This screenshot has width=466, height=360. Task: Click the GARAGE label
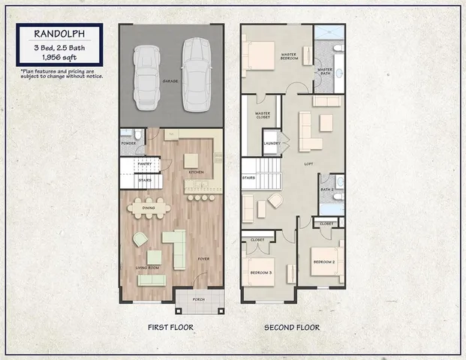pos(170,81)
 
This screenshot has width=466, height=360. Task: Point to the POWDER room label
pos(128,143)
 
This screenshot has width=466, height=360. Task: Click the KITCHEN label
pos(196,172)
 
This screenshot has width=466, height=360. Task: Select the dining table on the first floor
pos(148,208)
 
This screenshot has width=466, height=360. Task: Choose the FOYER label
pos(203,259)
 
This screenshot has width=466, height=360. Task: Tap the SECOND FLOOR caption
pos(292,328)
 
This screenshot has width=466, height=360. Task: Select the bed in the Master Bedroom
pos(258,55)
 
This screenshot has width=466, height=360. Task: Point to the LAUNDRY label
pos(272,143)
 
